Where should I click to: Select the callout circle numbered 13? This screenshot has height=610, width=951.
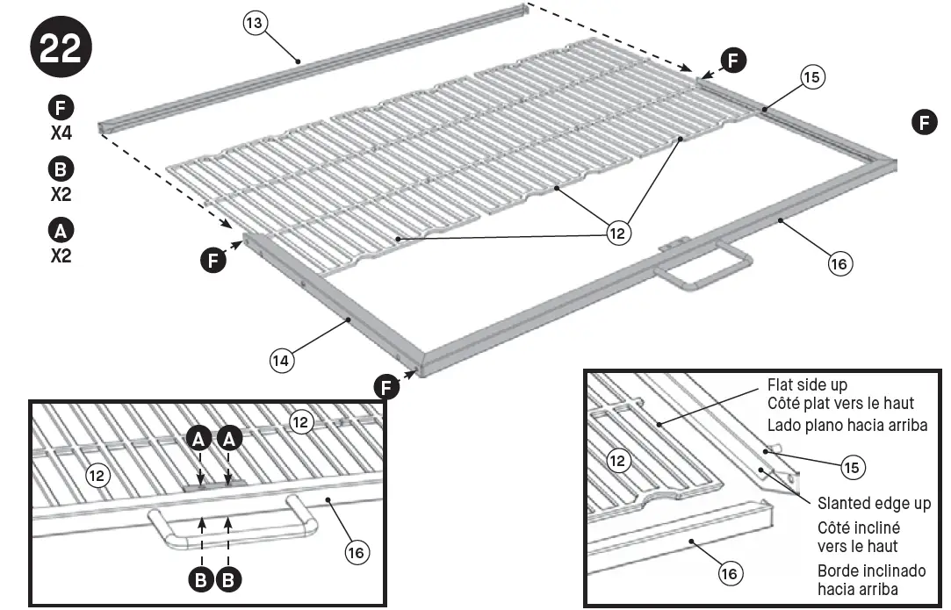point(255,25)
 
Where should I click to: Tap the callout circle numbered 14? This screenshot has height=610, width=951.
point(282,359)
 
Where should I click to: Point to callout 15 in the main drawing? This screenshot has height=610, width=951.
point(812,77)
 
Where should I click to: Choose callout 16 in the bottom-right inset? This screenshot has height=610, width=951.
point(729,574)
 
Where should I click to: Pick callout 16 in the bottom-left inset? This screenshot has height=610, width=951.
point(356,552)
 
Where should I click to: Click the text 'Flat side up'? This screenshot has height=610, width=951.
point(806,384)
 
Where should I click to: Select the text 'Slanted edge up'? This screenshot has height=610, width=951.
point(874,504)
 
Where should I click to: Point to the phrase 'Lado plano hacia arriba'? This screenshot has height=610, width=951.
point(847,425)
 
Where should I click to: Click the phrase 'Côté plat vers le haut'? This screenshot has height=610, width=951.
point(840,404)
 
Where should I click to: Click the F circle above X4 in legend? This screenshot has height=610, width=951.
point(61,109)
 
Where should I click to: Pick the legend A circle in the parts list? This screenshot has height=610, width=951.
point(61,231)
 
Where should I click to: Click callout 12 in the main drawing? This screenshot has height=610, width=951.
point(619,233)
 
